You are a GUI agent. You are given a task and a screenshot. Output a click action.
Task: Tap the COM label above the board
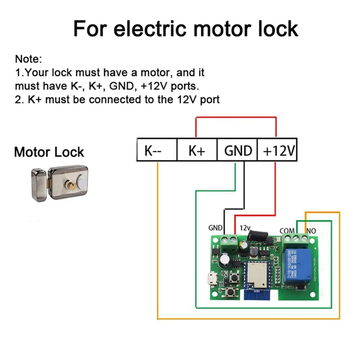point(287,230)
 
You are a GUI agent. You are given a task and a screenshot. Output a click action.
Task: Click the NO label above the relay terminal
point(311,230)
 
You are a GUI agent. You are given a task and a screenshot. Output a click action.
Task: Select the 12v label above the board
point(246,228)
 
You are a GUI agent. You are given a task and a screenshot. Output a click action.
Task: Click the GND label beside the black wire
point(216,228)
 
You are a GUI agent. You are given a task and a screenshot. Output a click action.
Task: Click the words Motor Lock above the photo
point(49,152)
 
